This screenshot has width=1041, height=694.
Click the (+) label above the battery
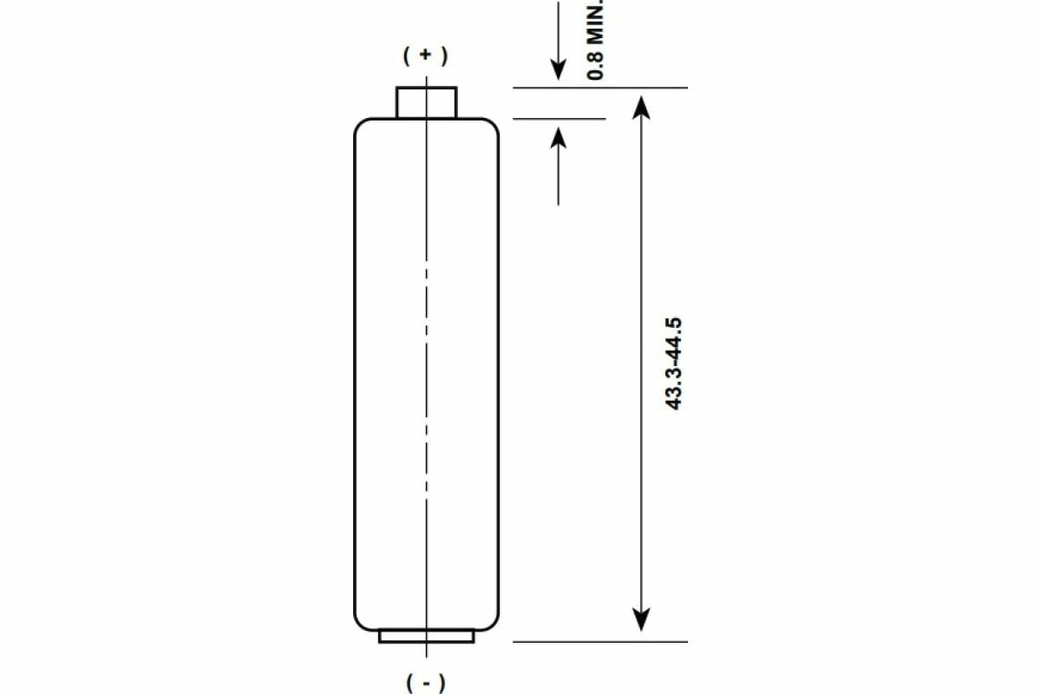pyautogui.click(x=426, y=56)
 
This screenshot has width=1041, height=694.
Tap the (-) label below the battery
pyautogui.click(x=426, y=682)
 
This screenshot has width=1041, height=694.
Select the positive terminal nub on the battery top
pyautogui.click(x=426, y=102)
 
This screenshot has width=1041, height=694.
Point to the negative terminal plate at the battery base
pyautogui.click(x=426, y=636)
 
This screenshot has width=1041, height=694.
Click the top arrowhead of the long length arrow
pyautogui.click(x=640, y=106)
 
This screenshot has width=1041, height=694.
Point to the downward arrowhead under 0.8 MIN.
pyautogui.click(x=559, y=70)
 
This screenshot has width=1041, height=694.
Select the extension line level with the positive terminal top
pyautogui.click(x=599, y=88)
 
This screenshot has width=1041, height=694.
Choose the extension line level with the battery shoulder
pyautogui.click(x=560, y=119)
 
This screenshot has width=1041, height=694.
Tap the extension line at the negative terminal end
pyautogui.click(x=599, y=642)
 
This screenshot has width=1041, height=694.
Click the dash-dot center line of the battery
pyautogui.click(x=426, y=364)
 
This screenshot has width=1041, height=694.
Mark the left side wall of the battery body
pyautogui.click(x=356, y=373)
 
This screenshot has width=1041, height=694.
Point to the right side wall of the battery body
pyautogui.click(x=499, y=373)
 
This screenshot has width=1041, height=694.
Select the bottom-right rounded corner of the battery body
pyautogui.click(x=493, y=624)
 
